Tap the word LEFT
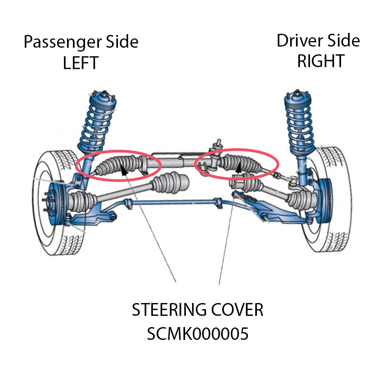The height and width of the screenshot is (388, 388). [x=81, y=63]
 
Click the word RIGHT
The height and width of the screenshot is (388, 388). [x=320, y=61]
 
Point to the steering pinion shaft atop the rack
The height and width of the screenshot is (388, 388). [x=217, y=146]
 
